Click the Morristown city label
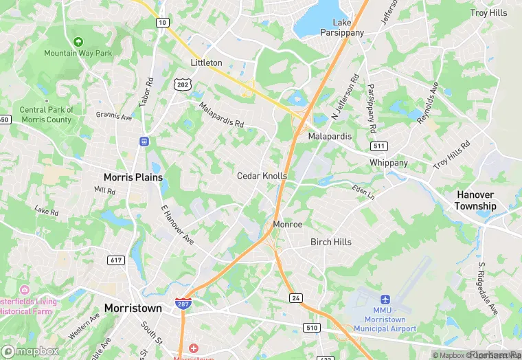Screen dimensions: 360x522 (x=133, y=308)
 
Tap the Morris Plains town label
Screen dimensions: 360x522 (x=133, y=177)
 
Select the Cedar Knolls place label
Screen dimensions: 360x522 (x=262, y=176)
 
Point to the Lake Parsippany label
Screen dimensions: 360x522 (x=342, y=27)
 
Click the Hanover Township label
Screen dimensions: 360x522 (x=476, y=201)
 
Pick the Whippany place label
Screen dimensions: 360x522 (x=389, y=163)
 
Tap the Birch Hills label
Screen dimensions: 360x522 (x=331, y=242)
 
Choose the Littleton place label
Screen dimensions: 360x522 (x=206, y=63)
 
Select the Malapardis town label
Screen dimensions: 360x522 (x=329, y=137)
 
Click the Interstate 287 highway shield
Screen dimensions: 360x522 (x=183, y=305)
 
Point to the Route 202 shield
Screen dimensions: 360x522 (x=182, y=85)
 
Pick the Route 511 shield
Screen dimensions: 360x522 (x=378, y=146)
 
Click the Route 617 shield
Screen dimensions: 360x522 (x=115, y=260)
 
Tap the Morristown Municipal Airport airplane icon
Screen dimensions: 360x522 (x=385, y=300)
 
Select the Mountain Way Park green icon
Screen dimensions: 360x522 (x=78, y=42)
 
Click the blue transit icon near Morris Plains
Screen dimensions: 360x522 (x=144, y=142)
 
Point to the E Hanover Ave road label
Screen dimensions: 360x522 (x=177, y=224)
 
